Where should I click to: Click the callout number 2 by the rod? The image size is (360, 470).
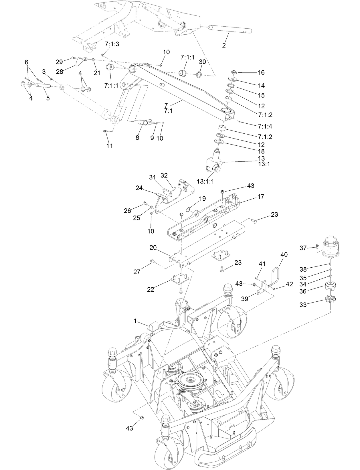click(224, 45)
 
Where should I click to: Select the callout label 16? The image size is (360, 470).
click(261, 73)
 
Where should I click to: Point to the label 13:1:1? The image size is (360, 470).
click(205, 181)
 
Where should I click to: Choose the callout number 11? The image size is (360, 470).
click(109, 146)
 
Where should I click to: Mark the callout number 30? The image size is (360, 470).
click(202, 62)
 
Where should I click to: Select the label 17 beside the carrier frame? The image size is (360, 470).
click(260, 197)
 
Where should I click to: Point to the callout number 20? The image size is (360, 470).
click(153, 247)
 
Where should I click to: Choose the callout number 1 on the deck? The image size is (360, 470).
click(135, 321)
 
